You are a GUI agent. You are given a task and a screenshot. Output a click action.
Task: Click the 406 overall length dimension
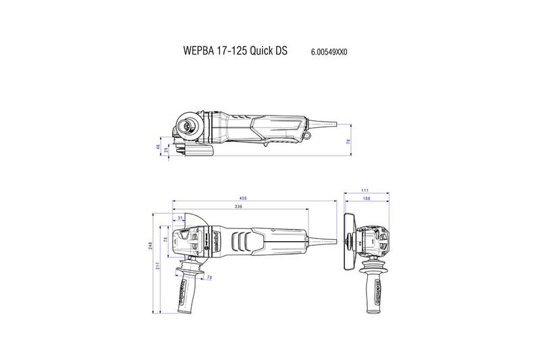(x=242, y=199)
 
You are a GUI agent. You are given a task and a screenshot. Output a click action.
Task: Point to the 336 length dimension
(x=238, y=206)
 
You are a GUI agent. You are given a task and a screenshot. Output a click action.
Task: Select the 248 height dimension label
(x=151, y=247)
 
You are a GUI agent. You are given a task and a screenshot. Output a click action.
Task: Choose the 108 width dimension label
(x=365, y=199)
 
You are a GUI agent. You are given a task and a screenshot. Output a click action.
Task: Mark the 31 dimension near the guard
(x=180, y=217)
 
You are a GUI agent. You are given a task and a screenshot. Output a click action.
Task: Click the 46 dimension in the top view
(x=159, y=146)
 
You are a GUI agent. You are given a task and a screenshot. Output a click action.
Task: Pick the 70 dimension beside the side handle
(x=209, y=278)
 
